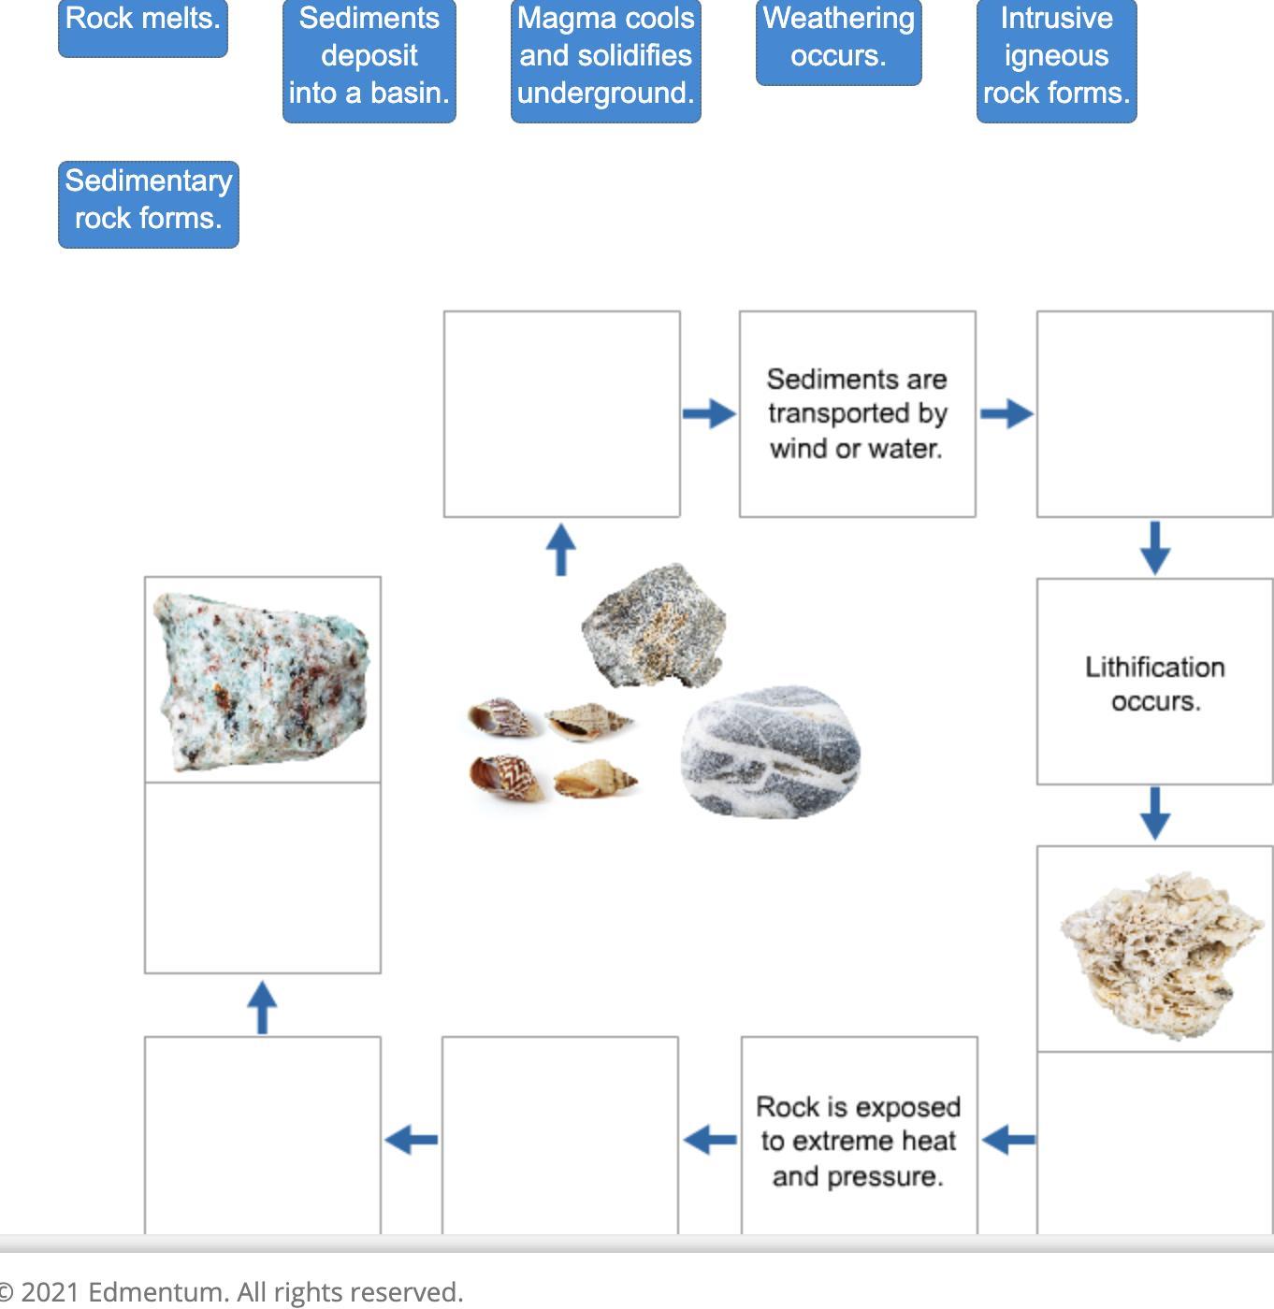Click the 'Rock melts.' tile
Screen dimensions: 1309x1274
tap(142, 27)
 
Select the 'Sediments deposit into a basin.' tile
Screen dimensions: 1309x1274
tap(369, 60)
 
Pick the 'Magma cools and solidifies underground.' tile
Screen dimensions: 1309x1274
tap(605, 60)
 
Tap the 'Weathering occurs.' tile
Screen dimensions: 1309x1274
tap(838, 41)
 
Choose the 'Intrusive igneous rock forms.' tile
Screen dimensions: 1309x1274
tap(1056, 60)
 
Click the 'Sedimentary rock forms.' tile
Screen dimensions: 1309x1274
tap(148, 204)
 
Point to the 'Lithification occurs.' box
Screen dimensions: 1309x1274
tap(1154, 683)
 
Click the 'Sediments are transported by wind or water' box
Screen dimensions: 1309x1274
tap(857, 413)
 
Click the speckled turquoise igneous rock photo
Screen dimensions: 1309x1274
tap(262, 680)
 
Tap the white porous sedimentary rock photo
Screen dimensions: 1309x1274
tap(1154, 951)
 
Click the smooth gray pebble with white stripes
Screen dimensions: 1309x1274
tap(771, 751)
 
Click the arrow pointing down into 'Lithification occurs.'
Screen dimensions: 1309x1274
tap(1155, 547)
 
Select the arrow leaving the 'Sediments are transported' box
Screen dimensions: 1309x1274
tap(1006, 413)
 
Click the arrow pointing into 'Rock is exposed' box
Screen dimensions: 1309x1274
tap(1008, 1140)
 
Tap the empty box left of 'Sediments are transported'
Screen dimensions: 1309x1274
tap(561, 413)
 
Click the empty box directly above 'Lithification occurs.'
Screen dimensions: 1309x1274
tap(1154, 413)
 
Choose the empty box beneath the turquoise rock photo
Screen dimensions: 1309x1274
tap(262, 878)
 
